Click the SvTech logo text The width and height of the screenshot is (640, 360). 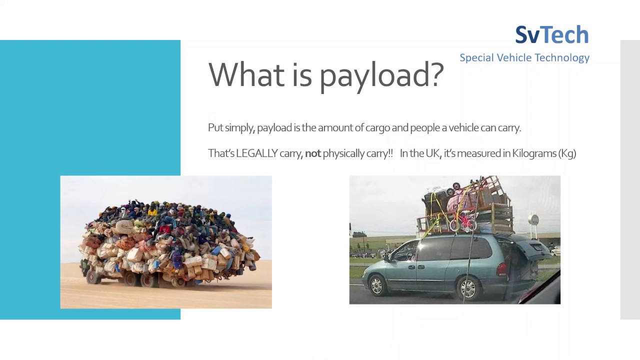pyautogui.click(x=552, y=35)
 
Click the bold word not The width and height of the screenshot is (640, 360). pyautogui.click(x=312, y=153)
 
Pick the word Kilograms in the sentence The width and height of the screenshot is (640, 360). pyautogui.click(x=533, y=153)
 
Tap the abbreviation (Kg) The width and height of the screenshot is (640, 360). pyautogui.click(x=567, y=153)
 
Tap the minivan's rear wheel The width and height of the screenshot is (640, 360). pyautogui.click(x=468, y=287)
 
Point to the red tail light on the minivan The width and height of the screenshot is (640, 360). pyautogui.click(x=501, y=268)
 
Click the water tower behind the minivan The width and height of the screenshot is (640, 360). pyautogui.click(x=534, y=220)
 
